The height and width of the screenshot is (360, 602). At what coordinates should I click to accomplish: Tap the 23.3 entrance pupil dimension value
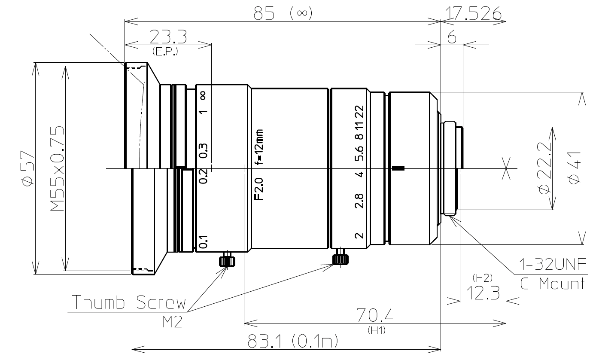coord(168,38)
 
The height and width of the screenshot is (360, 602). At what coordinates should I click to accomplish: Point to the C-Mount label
coord(553,284)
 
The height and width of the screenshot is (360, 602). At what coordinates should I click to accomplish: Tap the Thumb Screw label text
coord(129,302)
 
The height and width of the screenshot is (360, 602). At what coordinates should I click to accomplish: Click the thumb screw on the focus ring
coord(227,260)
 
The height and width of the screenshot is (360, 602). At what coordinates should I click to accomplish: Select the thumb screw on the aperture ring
coord(340,258)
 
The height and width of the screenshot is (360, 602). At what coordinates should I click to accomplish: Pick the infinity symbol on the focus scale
coord(203,95)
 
